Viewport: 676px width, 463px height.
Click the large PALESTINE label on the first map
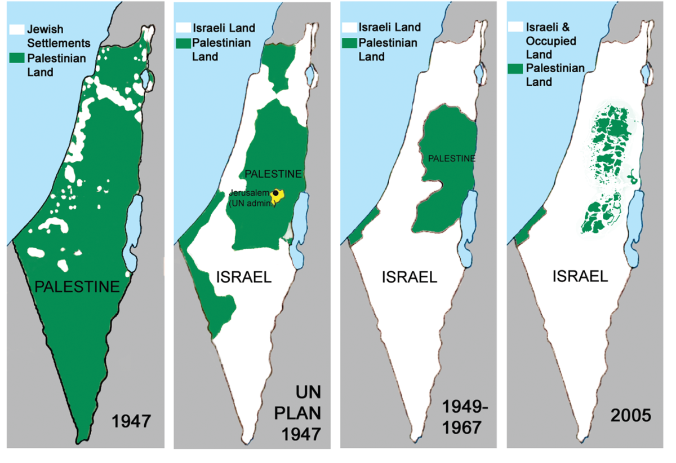(78, 286)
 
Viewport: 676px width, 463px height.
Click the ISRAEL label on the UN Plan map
(244, 277)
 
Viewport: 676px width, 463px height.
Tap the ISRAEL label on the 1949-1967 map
(409, 277)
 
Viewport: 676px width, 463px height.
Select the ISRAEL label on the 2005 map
(580, 276)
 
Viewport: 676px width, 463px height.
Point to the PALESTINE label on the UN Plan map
(273, 174)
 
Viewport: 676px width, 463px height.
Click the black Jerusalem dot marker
(276, 193)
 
